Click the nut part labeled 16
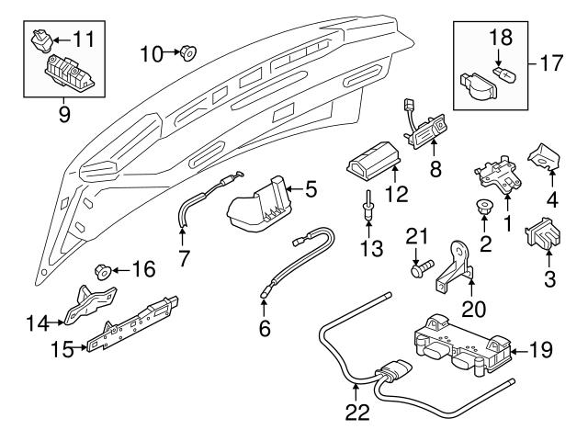tap(105, 271)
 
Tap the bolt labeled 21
tap(420, 269)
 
